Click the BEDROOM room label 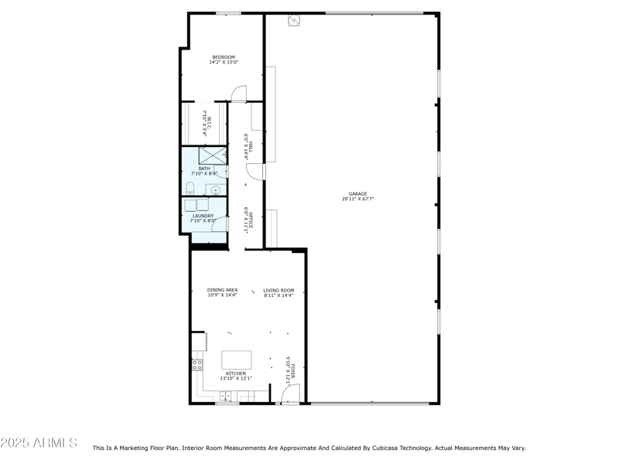click(223, 57)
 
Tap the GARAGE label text click(357, 194)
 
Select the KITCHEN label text click(236, 374)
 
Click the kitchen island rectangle click(237, 360)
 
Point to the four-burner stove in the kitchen click(197, 364)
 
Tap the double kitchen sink click(226, 396)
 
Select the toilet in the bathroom click(190, 188)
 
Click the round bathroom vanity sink click(216, 189)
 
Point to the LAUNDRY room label click(203, 216)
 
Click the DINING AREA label click(222, 290)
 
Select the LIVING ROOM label click(279, 290)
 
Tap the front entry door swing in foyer click(289, 395)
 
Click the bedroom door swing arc click(239, 94)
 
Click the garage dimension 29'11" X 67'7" click(357, 200)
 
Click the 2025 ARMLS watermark click(39, 443)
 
